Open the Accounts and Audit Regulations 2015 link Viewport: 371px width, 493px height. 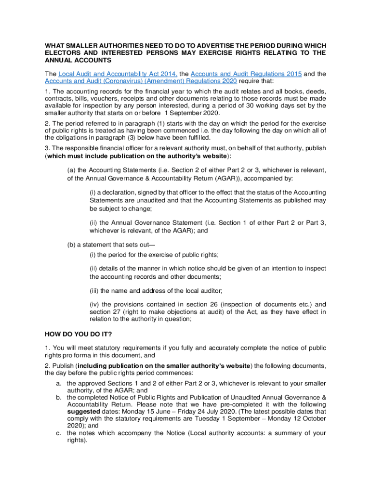[246, 74]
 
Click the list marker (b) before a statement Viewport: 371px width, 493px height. [72, 245]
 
